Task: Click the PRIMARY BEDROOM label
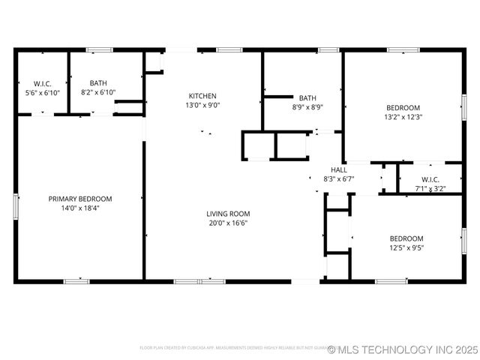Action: [80, 199]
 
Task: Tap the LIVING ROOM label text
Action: [228, 214]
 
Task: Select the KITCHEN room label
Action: [202, 96]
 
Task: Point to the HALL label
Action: [338, 170]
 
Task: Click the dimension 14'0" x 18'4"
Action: [80, 208]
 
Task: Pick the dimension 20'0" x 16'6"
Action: [228, 223]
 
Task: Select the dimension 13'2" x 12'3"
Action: [403, 117]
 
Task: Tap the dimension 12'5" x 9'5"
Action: [407, 247]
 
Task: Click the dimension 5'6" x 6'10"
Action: [41, 92]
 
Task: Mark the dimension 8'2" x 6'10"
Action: [98, 92]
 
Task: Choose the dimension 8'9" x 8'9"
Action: [307, 107]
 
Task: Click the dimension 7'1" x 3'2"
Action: [430, 189]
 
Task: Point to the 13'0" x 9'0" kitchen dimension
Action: [202, 106]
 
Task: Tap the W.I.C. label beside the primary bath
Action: [41, 83]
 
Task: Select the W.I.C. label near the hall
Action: [430, 179]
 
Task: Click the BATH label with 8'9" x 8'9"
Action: [307, 98]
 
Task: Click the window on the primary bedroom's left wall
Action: [16, 205]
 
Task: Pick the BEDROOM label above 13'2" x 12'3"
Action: [403, 107]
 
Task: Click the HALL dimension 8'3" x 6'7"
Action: [338, 179]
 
